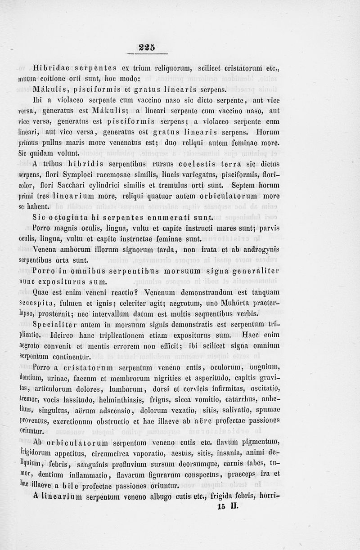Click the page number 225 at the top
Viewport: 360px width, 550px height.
[x=147, y=47]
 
